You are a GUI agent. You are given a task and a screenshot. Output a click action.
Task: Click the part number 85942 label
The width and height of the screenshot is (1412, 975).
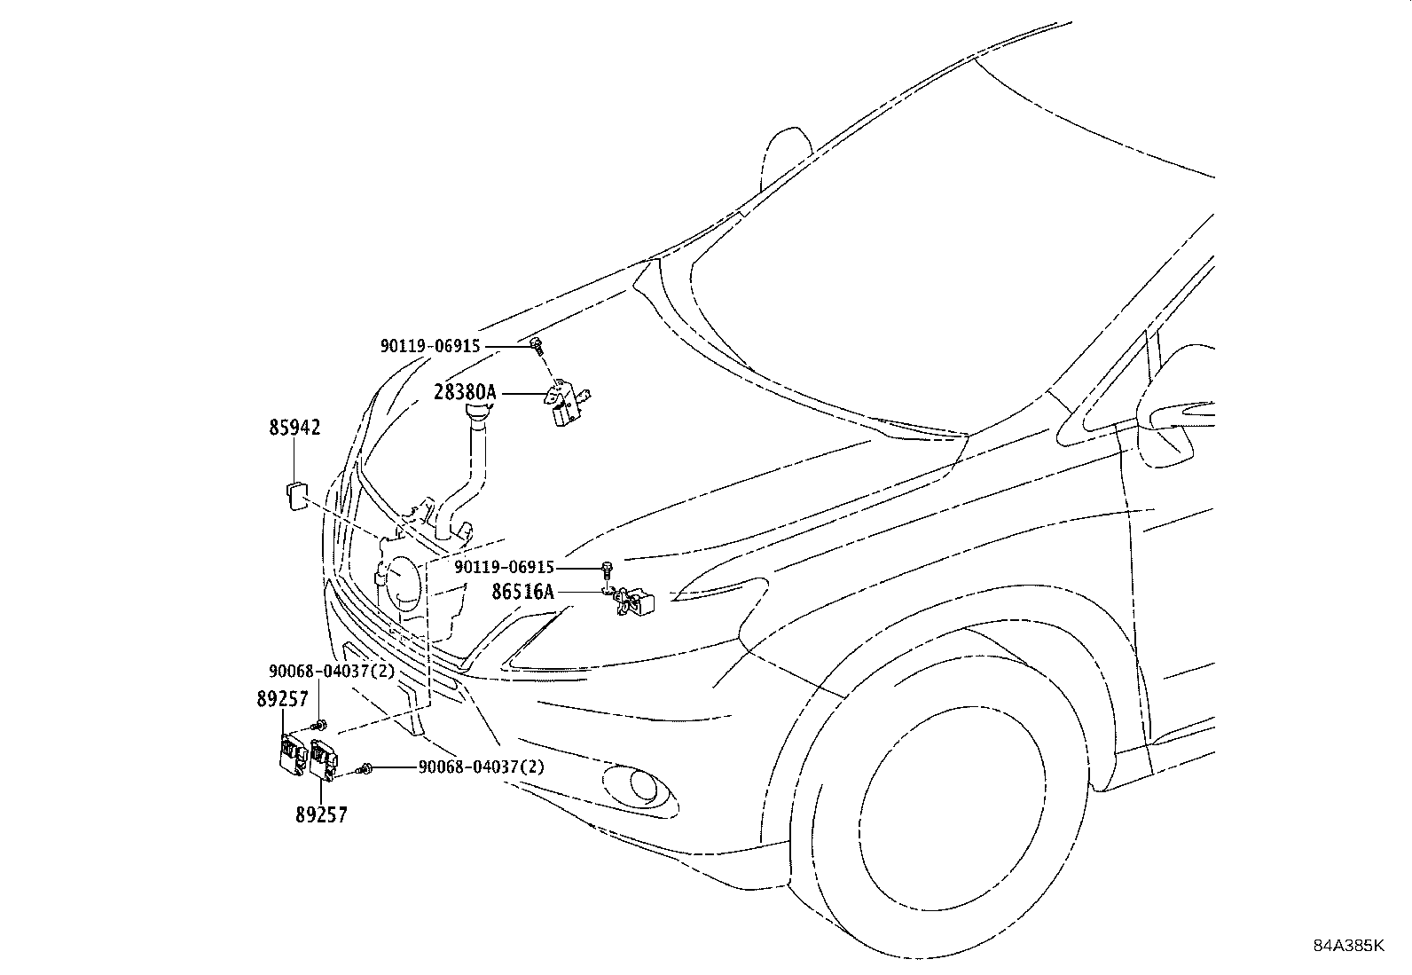(294, 428)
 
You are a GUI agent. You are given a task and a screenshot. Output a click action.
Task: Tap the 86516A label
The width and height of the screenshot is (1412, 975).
(523, 592)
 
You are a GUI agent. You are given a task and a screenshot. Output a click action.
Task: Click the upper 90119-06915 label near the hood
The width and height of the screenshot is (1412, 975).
(430, 347)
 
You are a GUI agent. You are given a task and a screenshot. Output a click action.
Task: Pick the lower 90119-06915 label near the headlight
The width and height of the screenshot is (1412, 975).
(504, 567)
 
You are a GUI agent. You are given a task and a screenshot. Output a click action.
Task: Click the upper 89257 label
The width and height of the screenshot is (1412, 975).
(283, 699)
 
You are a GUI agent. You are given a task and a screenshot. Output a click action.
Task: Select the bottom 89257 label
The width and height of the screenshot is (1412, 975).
(321, 814)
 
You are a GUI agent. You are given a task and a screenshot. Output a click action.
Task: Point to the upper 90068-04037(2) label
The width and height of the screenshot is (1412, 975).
(332, 672)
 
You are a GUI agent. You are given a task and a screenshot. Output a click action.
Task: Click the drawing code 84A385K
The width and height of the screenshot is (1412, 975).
(1348, 946)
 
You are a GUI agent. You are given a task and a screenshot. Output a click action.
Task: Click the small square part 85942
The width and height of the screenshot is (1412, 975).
(297, 495)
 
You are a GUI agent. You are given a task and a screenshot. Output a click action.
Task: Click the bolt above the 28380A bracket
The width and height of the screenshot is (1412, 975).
(536, 345)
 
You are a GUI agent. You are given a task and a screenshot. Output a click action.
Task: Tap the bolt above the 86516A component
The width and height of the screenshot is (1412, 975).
(607, 567)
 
